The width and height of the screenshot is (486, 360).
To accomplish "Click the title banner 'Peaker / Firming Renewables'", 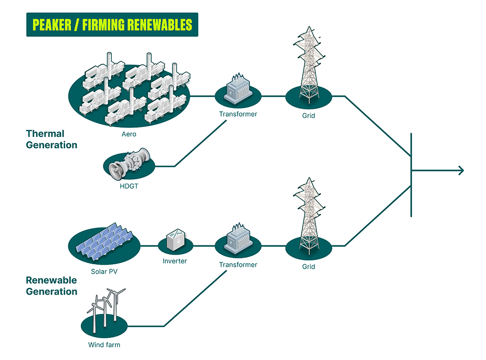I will tap(112, 25).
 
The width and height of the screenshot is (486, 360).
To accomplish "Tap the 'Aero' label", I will tap(129, 134).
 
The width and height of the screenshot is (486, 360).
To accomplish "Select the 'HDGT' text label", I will tap(129, 185).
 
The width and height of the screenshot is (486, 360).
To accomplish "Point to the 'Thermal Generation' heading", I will tap(52, 139).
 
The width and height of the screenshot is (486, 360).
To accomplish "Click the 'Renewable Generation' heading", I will tap(52, 286).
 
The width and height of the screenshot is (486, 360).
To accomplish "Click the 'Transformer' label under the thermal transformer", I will tap(238, 114).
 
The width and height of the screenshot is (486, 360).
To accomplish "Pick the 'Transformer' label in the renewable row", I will tap(238, 265).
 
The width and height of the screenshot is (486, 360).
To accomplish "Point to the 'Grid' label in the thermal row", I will tap(308, 116).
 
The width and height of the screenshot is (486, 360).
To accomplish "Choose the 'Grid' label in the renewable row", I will tap(308, 267).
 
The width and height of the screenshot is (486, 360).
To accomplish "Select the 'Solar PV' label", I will tap(104, 271).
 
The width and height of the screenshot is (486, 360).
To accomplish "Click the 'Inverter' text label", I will tap(175, 261).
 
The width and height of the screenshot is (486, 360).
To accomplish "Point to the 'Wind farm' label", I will tap(104, 345).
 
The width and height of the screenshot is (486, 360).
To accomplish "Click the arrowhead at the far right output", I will tap(460, 171).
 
